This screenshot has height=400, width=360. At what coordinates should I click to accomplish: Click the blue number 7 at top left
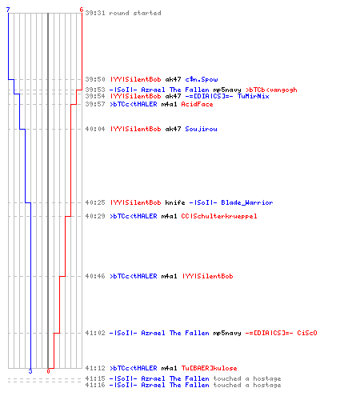pos(8,10)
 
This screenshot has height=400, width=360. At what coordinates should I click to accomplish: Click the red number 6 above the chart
pos(82,10)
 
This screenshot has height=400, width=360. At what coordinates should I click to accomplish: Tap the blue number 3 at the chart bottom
pos(30,371)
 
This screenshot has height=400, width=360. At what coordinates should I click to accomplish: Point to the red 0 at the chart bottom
pos(48,371)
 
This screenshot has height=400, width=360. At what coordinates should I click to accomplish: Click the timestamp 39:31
pos(95,13)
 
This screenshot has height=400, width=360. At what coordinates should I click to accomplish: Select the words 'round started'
pos(135,13)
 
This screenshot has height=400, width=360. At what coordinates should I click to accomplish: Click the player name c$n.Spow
pos(202,79)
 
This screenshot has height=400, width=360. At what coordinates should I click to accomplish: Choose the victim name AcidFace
pos(197,104)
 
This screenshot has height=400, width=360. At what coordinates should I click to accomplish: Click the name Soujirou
pos(202,129)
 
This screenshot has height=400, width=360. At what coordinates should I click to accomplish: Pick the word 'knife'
pos(175,202)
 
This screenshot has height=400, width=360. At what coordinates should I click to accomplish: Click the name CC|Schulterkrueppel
pos(219,216)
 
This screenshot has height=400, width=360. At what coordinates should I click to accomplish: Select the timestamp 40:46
pos(95,276)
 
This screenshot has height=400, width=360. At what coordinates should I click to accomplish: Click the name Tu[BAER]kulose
pos(210,368)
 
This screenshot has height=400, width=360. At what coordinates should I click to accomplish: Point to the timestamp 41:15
pos(95,378)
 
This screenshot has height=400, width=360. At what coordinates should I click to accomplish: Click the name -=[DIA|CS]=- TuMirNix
pos(227,96)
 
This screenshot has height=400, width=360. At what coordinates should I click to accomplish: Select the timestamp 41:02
pos(95,333)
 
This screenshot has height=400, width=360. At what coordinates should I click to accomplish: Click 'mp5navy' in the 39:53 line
pos(227,90)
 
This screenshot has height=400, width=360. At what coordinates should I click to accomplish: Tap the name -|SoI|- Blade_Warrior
pos(231,202)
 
